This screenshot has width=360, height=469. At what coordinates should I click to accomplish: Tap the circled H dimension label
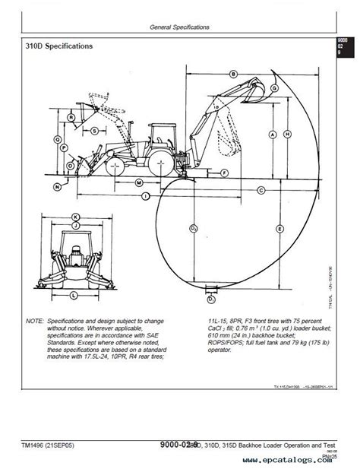[286, 134]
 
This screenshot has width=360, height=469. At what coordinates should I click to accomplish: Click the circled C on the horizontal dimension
[261, 189]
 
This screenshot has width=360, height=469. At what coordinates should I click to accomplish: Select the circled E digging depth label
[280, 229]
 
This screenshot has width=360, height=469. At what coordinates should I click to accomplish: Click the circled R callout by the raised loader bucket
[71, 118]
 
